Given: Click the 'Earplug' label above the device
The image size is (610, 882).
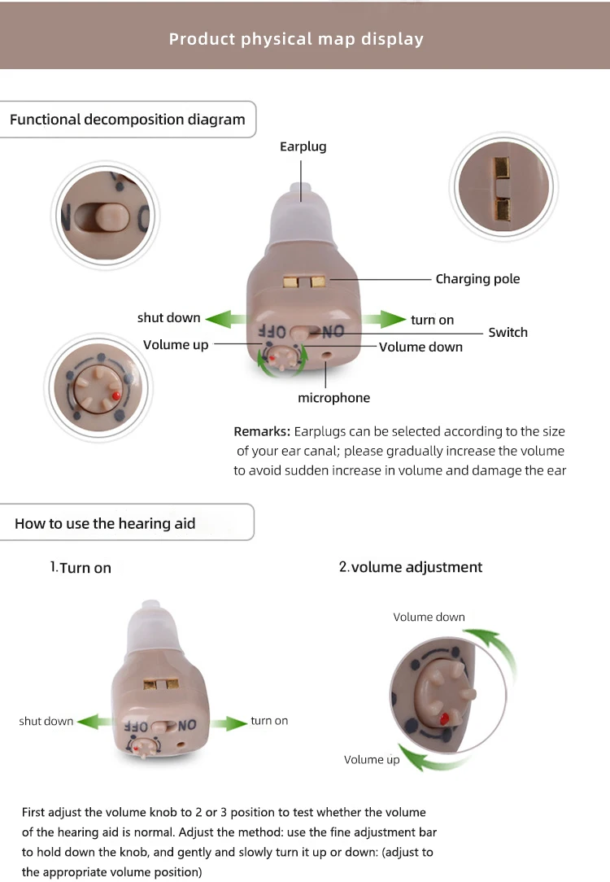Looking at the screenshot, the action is pos(303,146).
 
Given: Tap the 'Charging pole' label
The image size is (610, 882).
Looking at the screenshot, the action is pos(477,279).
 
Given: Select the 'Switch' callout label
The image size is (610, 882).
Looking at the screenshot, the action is pos(508,333).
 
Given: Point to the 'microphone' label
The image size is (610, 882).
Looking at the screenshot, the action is pos(334,398).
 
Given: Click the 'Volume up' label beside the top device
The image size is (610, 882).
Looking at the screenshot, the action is pos(176,345).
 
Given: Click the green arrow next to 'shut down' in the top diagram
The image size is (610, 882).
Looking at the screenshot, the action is pos(225,319).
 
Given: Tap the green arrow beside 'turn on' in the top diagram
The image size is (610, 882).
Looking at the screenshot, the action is pos(384,319).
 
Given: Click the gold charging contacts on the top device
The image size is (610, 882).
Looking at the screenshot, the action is pos(304,282).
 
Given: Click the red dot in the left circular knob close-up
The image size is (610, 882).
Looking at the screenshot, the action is pos(115,395).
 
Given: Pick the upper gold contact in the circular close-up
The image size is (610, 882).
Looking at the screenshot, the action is pos(502,167).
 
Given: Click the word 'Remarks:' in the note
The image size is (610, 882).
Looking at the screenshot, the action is pos(262,431).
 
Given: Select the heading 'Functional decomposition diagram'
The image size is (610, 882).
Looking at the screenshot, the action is pos(128,120).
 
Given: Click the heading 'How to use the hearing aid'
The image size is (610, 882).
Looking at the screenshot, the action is pos(105,524).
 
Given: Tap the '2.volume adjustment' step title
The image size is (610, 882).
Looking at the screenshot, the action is pos(411,567).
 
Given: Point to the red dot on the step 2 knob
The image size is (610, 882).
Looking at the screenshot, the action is pos(444,718).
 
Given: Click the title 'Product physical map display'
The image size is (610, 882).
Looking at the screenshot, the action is pos(296,39).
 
